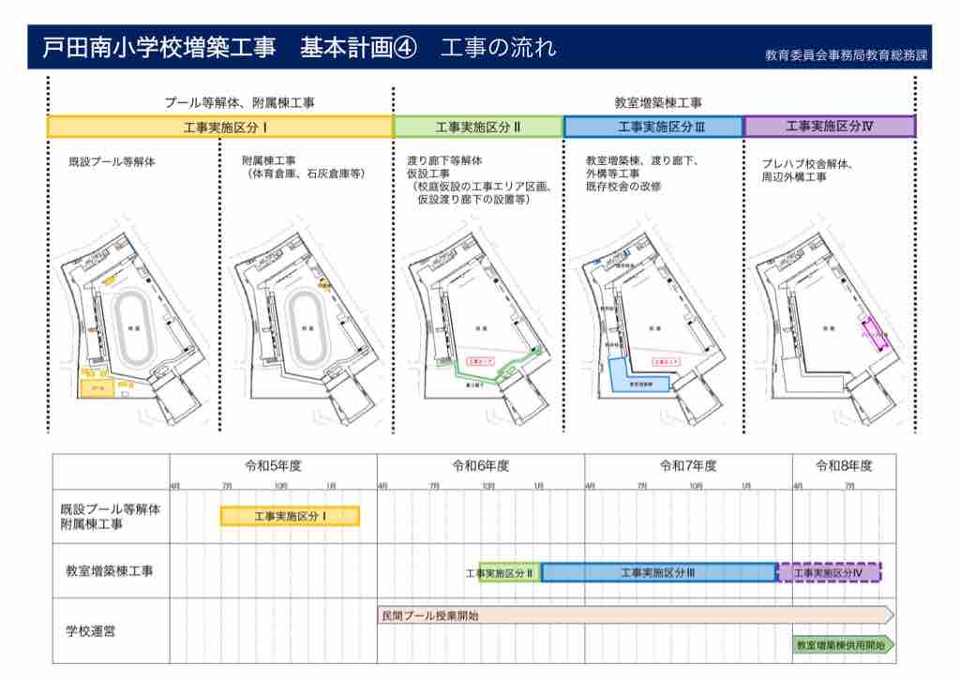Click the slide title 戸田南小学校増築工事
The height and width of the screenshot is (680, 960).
pos(159,48)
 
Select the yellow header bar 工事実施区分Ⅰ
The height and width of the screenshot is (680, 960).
pos(219,127)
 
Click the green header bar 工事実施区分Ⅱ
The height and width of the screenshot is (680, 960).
pos(478,127)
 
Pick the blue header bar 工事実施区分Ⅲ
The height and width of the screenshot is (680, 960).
pos(653,127)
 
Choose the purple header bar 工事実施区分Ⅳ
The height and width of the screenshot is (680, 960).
pos(829,127)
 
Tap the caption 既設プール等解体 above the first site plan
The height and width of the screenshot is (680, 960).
pos(112,162)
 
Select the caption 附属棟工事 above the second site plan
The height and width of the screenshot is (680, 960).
pos(268,160)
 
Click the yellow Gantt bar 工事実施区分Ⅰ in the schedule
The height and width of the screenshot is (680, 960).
pos(290,516)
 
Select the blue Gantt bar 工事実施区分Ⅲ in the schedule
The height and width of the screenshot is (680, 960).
pos(658,572)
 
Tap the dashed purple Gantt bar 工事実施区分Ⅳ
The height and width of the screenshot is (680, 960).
pos(830,572)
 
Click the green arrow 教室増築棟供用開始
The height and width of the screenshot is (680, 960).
pos(842,645)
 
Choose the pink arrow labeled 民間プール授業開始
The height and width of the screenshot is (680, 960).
pos(633,615)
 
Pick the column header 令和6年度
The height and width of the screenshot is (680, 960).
pos(480,465)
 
